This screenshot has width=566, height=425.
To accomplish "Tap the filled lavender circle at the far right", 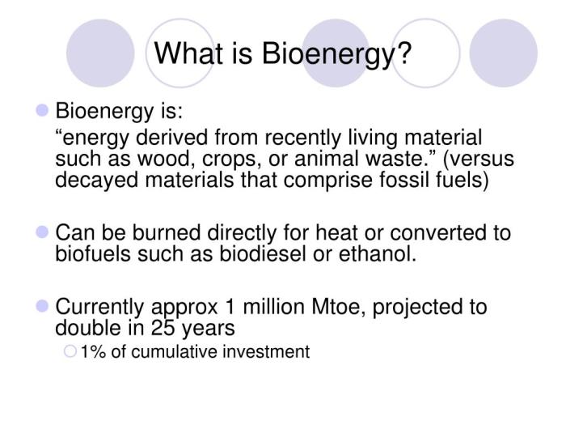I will tap(503, 53).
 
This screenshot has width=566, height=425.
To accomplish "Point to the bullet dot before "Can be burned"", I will tap(44, 232).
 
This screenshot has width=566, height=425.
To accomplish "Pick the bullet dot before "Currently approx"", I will tap(44, 307).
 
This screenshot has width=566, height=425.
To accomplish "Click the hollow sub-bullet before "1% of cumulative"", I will tap(70, 351).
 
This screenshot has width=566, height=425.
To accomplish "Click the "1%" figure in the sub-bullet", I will tap(94, 351).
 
